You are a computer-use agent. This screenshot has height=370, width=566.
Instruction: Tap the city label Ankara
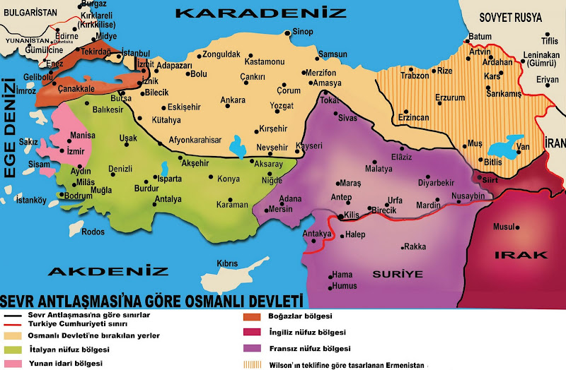[x=233, y=100]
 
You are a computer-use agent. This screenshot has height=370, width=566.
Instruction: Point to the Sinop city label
[x=303, y=32]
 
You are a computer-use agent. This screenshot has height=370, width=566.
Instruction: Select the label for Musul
[x=502, y=227]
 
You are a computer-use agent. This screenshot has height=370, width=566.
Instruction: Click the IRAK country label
[x=512, y=254]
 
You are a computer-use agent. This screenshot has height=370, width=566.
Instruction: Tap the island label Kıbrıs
[x=227, y=263]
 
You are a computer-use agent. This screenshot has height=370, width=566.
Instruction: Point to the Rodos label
[x=93, y=232]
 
